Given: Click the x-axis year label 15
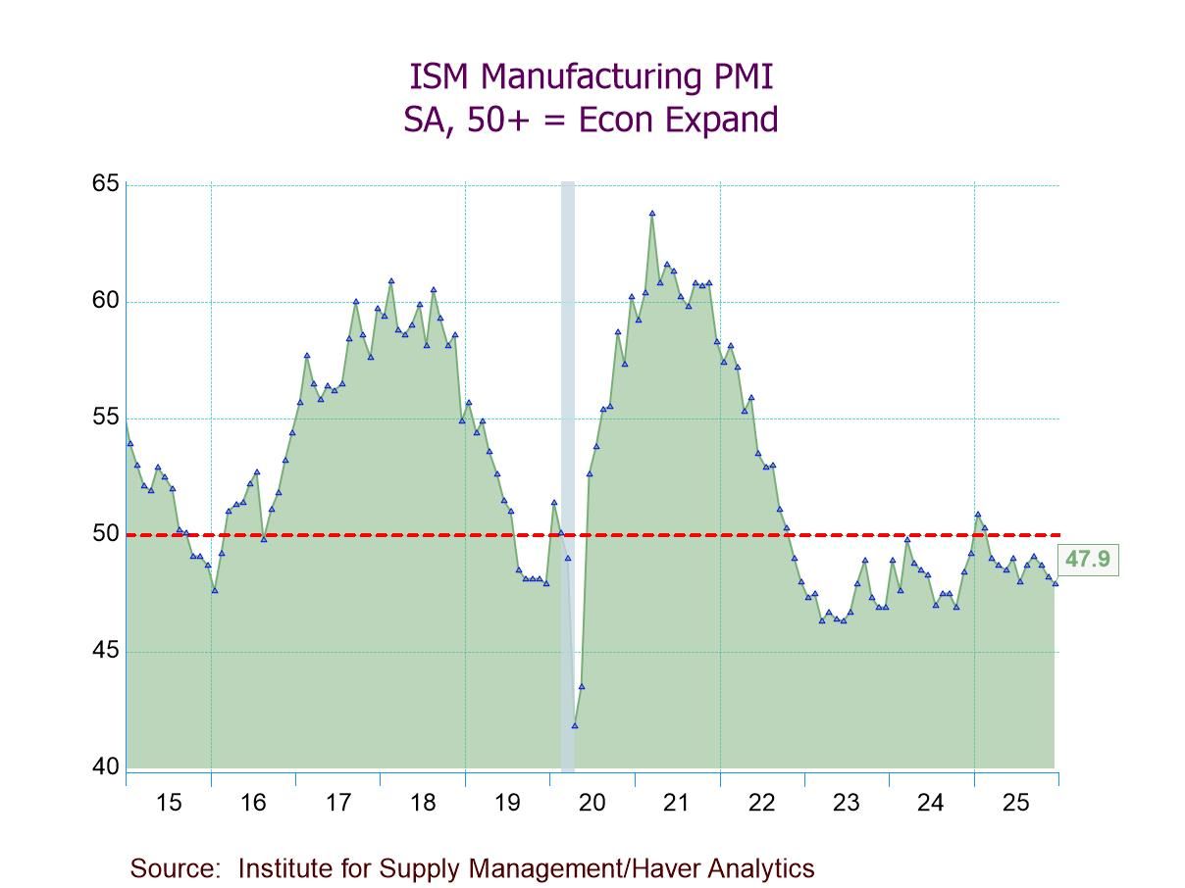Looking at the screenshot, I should (169, 804).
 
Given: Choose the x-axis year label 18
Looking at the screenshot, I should (423, 804).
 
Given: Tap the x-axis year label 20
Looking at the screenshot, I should (592, 804).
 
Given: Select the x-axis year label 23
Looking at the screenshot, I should (846, 804).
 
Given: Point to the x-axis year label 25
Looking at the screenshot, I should (1015, 804).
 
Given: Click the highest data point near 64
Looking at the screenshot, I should (651, 213).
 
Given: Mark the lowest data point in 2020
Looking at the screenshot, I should (575, 725).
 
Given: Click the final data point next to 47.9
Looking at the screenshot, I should (1056, 583).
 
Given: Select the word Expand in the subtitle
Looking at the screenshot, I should (720, 120).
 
